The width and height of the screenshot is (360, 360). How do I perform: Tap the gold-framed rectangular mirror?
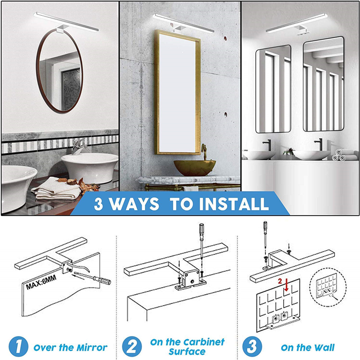[x=178, y=92]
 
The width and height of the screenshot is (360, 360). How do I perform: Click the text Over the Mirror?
[x=71, y=347]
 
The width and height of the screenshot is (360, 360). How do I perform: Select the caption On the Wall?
[x=308, y=347]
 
